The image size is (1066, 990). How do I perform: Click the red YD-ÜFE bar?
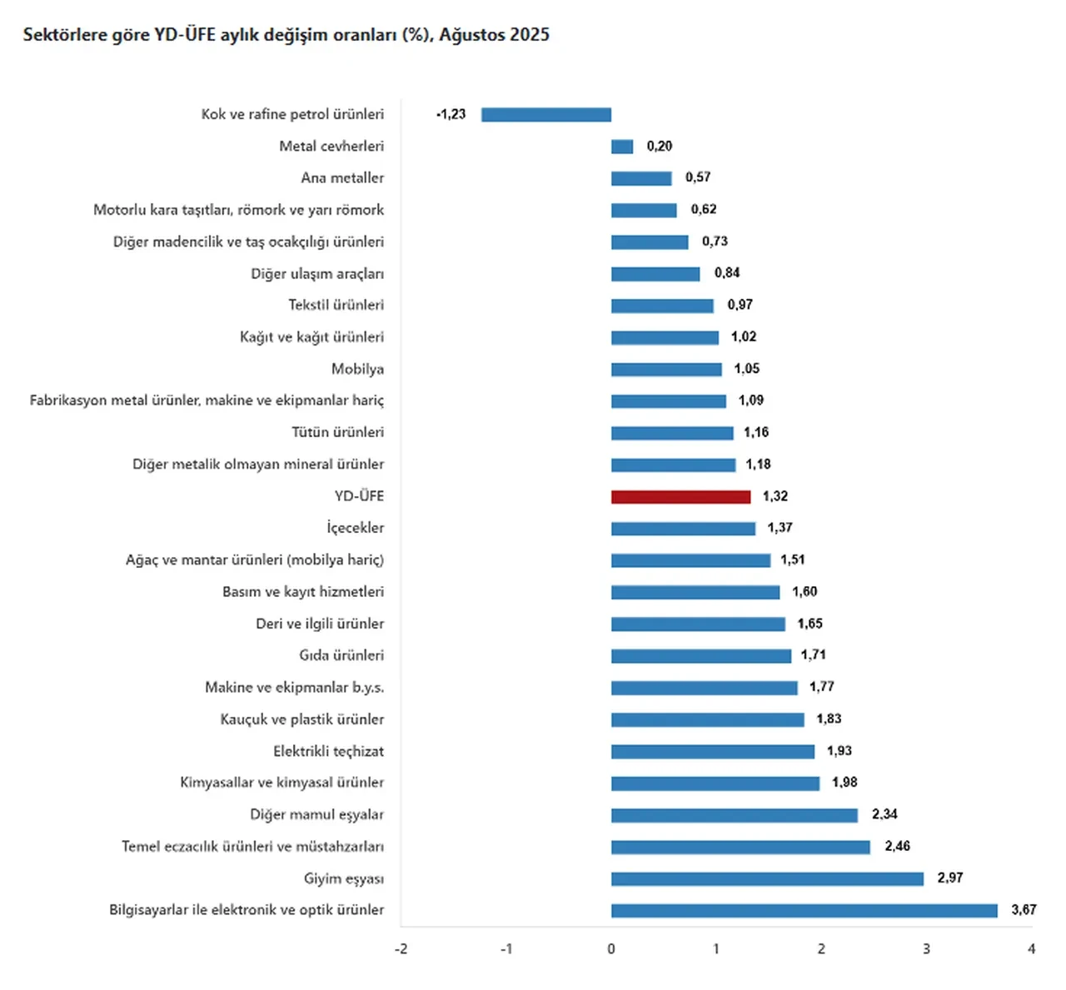click(680, 497)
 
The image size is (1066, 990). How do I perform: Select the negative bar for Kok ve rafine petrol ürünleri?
click(546, 115)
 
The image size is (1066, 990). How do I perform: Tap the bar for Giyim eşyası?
click(767, 878)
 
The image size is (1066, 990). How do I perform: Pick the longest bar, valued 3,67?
click(804, 910)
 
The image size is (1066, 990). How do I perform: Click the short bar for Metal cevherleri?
click(622, 147)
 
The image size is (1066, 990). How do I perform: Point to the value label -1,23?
click(451, 114)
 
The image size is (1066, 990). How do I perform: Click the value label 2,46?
click(897, 846)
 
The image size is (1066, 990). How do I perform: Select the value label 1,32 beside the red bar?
click(775, 496)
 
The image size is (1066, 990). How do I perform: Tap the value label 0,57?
click(698, 177)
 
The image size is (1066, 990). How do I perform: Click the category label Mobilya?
click(357, 369)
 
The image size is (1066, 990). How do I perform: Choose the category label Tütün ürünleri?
click(337, 432)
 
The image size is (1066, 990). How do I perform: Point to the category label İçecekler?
click(355, 528)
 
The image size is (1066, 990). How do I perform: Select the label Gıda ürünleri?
click(341, 655)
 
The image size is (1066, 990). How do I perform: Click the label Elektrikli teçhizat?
click(328, 751)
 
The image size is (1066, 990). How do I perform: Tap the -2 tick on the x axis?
click(401, 949)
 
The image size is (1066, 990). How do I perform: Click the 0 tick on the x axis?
click(611, 949)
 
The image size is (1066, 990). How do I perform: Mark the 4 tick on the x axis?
click(1031, 949)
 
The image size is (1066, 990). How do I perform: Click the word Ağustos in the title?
click(472, 35)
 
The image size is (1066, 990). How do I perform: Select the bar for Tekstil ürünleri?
click(662, 306)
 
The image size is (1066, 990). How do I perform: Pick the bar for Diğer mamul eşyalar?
click(734, 815)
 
